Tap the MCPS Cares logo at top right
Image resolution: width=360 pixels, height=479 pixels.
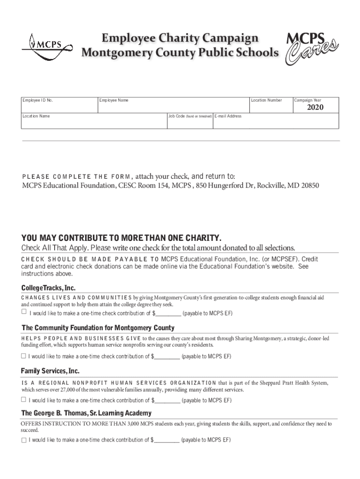coord(311,47)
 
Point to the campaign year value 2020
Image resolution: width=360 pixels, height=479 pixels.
coord(315,108)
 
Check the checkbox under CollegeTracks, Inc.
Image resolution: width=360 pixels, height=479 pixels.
coord(24,312)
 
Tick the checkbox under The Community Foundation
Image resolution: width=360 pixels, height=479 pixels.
coord(23,356)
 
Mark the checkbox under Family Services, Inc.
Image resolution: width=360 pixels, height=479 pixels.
coord(23,400)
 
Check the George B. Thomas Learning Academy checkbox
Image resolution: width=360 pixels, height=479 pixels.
coord(23,440)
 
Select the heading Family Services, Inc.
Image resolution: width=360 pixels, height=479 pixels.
coord(50,371)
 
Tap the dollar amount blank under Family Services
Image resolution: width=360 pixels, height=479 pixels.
coord(167,400)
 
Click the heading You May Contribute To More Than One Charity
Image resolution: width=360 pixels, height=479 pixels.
coord(121,237)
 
